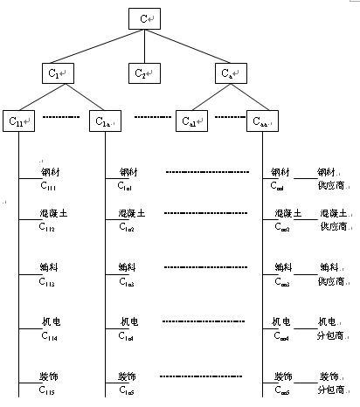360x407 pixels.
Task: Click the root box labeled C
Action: pos(144,18)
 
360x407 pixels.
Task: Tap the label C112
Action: pos(47,228)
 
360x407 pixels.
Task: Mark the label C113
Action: pos(47,281)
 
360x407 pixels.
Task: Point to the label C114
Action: pos(47,337)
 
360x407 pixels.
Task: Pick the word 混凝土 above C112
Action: pos(52,214)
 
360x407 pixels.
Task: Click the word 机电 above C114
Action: pos(50,323)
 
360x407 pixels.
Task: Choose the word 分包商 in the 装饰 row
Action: pos(330,390)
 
